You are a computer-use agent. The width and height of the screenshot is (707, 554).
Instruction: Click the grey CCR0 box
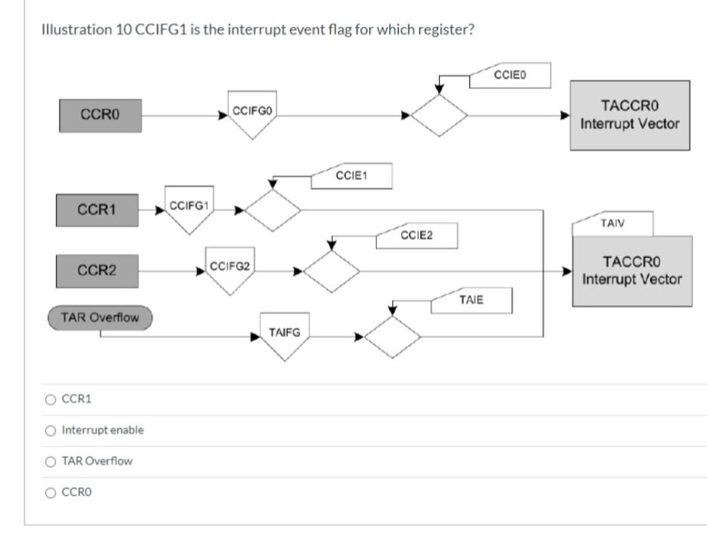(100, 115)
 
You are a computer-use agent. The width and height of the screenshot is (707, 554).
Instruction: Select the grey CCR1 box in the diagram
(97, 209)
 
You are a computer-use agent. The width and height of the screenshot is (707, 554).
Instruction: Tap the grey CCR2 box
(97, 271)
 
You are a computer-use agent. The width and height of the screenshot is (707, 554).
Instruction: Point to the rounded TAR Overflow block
(100, 317)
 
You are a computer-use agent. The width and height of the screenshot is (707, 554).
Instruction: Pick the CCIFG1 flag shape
(190, 208)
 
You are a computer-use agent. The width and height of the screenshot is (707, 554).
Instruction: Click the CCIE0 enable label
(510, 76)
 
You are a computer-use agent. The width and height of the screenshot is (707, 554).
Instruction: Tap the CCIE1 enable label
(351, 176)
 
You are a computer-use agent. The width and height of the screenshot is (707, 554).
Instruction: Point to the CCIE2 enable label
(417, 236)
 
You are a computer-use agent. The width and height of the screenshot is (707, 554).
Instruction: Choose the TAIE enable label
(471, 300)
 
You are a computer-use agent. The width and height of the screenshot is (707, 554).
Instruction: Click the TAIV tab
(613, 224)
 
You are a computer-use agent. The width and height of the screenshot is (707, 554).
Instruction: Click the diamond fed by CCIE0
(439, 116)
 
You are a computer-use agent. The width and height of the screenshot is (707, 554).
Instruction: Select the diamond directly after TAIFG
(392, 337)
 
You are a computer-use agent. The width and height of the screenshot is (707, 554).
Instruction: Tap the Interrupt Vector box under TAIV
(631, 271)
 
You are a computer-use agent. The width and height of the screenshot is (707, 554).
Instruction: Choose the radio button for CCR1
(51, 399)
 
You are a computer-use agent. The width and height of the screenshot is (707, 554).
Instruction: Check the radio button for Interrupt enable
(51, 430)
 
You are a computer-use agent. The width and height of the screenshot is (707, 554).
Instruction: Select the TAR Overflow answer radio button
(51, 461)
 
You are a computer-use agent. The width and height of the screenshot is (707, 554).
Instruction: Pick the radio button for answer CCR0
(51, 493)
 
